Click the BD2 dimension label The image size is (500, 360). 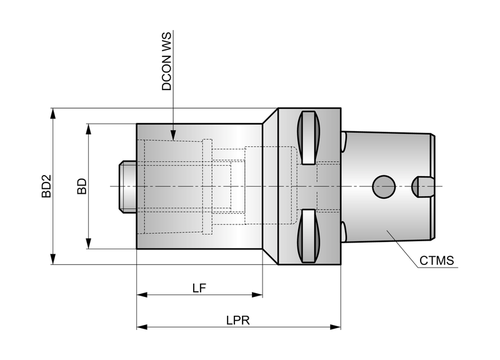tap(46, 186)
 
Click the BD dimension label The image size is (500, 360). tap(82, 186)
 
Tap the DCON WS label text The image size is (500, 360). tap(166, 61)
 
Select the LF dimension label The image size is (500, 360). tap(199, 288)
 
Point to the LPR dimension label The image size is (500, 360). tap(238, 320)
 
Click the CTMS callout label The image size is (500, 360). tap(436, 261)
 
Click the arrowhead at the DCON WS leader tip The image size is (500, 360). tap(173, 135)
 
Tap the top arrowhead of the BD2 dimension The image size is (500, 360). tap(53, 114)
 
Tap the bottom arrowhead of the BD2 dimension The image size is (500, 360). tap(53, 259)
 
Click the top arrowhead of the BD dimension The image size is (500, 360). tap(89, 129)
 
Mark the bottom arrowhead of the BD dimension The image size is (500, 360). tap(89, 243)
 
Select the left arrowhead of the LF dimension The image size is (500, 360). tap(142, 294)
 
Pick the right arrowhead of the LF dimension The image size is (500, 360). tap(257, 294)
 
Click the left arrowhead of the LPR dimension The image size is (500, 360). tap(142, 327)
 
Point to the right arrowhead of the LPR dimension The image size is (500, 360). tap(336, 327)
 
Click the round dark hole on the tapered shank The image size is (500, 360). tap(384, 186)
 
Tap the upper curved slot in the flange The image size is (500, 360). tap(308, 137)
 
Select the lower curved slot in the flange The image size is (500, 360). tap(308, 236)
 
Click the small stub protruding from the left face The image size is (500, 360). tap(128, 186)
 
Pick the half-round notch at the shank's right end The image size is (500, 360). tap(422, 187)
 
